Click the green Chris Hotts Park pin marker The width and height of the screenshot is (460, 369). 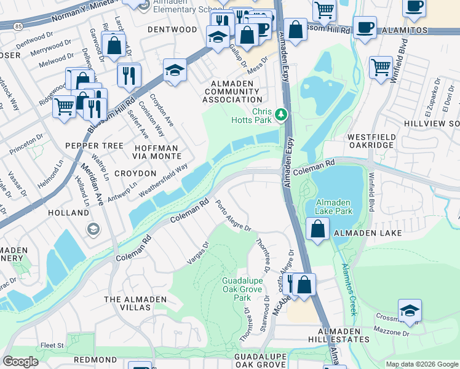coord(281,114)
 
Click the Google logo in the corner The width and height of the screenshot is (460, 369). coord(20,361)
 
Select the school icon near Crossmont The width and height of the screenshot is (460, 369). coord(410,311)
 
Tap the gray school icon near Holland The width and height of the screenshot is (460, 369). coord(93,230)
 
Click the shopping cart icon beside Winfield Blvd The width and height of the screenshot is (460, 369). coord(381,66)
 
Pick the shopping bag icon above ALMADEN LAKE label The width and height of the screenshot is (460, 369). coord(317,229)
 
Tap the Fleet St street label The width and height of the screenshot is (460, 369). coord(52,346)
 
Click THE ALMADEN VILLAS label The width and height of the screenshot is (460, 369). coord(135,304)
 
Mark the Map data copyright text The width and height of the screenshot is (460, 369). coord(421,364)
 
